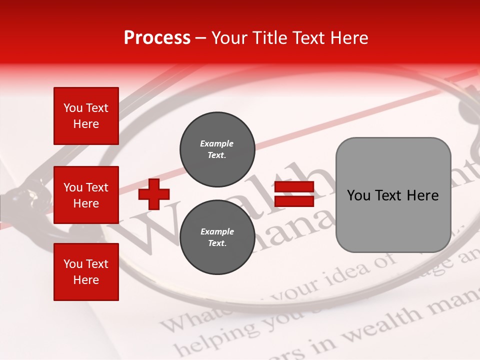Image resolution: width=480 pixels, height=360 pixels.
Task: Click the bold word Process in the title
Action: tap(157, 38)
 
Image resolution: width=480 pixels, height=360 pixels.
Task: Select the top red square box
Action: tap(86, 116)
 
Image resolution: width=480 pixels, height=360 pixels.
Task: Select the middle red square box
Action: tap(86, 195)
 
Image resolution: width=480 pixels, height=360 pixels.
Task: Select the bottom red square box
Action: tap(86, 271)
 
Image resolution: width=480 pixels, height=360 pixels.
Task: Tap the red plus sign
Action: tap(154, 194)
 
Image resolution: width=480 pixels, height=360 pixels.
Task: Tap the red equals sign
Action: tap(294, 194)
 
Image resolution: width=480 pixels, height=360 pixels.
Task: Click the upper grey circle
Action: tap(217, 149)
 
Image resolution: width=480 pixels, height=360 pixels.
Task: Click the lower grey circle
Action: tap(217, 237)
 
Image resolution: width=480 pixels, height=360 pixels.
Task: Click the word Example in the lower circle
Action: tap(217, 231)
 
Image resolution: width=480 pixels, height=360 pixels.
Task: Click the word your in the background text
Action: tap(299, 289)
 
